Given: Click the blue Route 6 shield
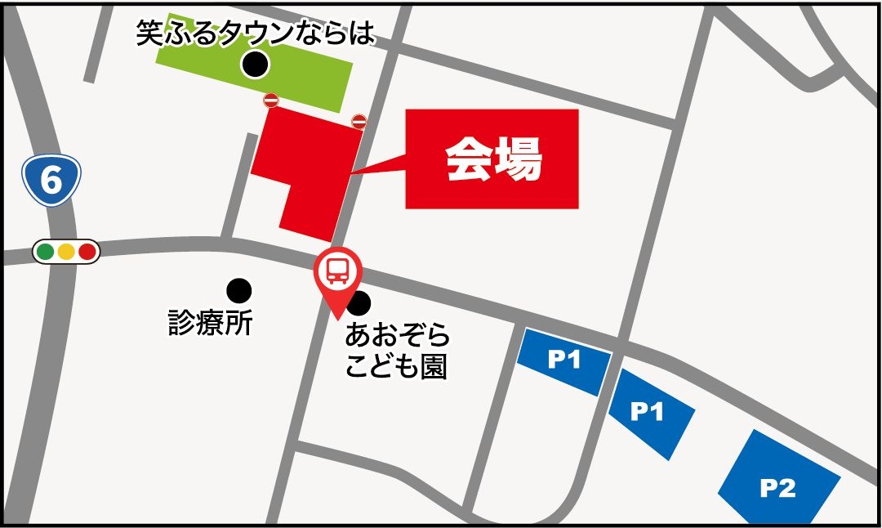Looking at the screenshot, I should [x=51, y=181].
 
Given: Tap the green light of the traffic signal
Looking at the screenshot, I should [x=46, y=251].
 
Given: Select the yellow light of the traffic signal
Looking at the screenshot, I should [x=66, y=251].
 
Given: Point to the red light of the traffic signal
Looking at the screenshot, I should [x=87, y=251].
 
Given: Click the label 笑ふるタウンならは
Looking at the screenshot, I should [x=256, y=33].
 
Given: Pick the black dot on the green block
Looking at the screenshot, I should [x=256, y=64].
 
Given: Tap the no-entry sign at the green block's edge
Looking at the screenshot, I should [x=271, y=100].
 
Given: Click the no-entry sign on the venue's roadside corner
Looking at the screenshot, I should [x=359, y=122].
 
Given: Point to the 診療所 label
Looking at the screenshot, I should [x=210, y=324].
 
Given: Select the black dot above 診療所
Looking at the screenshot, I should [x=238, y=289].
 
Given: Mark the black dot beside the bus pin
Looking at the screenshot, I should [x=359, y=304].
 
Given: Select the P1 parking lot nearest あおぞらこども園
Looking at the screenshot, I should [x=563, y=360].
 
